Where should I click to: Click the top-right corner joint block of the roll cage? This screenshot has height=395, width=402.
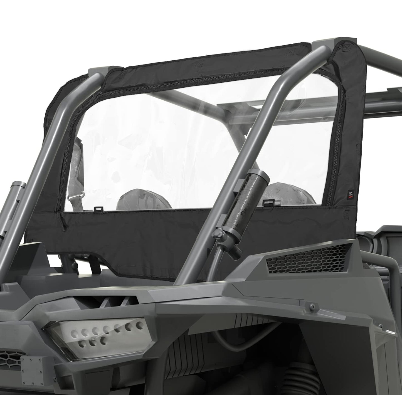[x=320, y=45]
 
